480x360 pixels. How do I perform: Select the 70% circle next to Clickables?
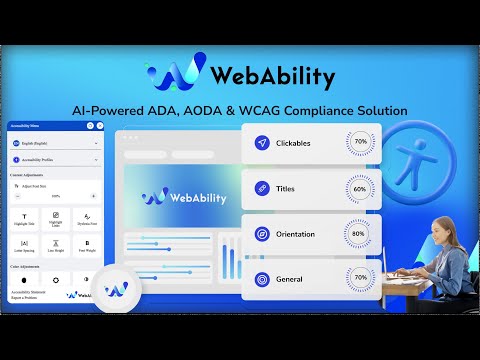click(361, 142)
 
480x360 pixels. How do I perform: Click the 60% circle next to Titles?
click(361, 187)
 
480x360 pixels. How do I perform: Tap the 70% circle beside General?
click(361, 277)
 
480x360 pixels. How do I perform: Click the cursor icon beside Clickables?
click(262, 143)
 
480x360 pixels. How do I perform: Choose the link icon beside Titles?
click(262, 188)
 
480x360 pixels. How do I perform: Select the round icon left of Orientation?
click(262, 233)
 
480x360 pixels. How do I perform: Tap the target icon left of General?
click(262, 278)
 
